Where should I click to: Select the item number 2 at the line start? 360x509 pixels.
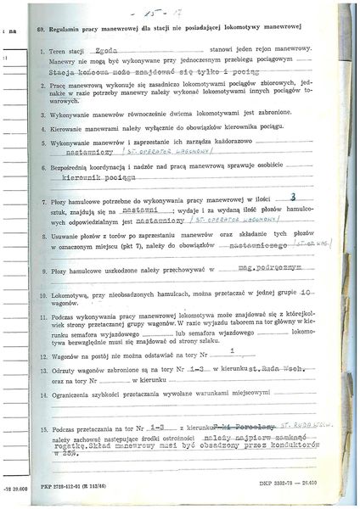(42, 87)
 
